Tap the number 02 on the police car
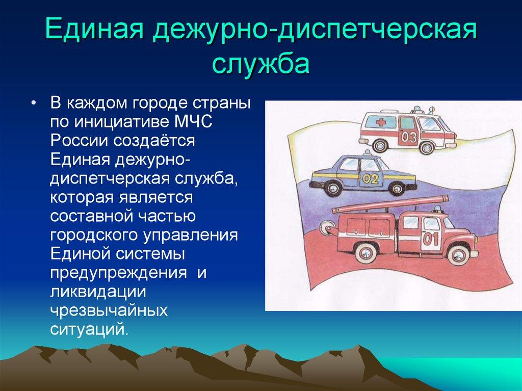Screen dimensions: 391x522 coord(373,179)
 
